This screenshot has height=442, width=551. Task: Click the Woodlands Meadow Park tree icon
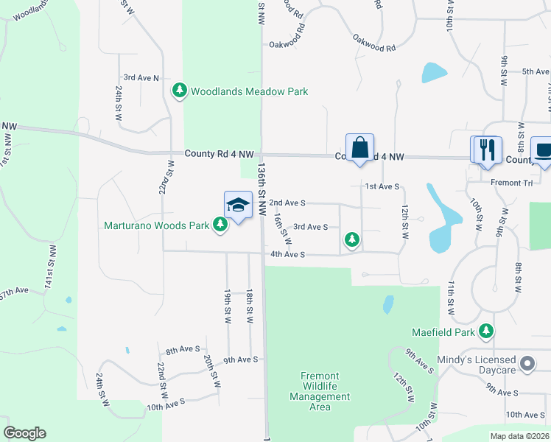point(179,91)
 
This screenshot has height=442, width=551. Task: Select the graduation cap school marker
point(238,206)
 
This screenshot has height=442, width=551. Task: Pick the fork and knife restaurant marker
point(486,150)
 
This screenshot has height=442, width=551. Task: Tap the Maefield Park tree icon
point(485,332)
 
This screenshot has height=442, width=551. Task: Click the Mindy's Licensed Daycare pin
point(527,364)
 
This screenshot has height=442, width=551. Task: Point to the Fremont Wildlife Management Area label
point(320,391)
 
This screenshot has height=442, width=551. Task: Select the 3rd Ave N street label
point(141,77)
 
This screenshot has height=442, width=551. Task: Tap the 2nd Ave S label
point(287,203)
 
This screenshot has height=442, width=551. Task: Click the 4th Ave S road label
point(287,255)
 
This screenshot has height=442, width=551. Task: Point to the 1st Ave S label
point(382,187)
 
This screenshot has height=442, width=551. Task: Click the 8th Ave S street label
point(183,350)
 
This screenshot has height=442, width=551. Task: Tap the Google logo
point(24,433)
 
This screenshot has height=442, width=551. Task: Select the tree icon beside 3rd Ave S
point(353,239)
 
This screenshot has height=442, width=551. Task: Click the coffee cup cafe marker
point(544,150)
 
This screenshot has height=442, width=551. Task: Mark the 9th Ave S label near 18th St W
point(241,359)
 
